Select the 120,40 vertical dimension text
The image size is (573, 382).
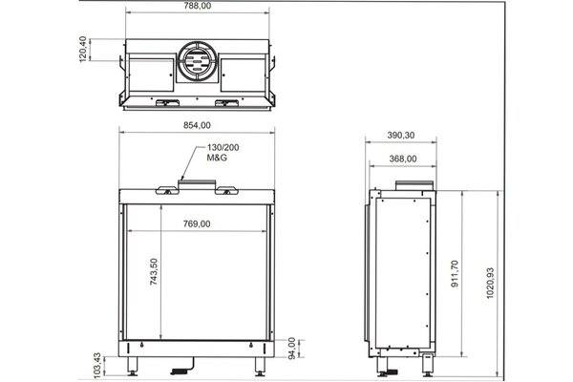coord(83,51)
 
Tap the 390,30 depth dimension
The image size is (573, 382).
coord(402,136)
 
